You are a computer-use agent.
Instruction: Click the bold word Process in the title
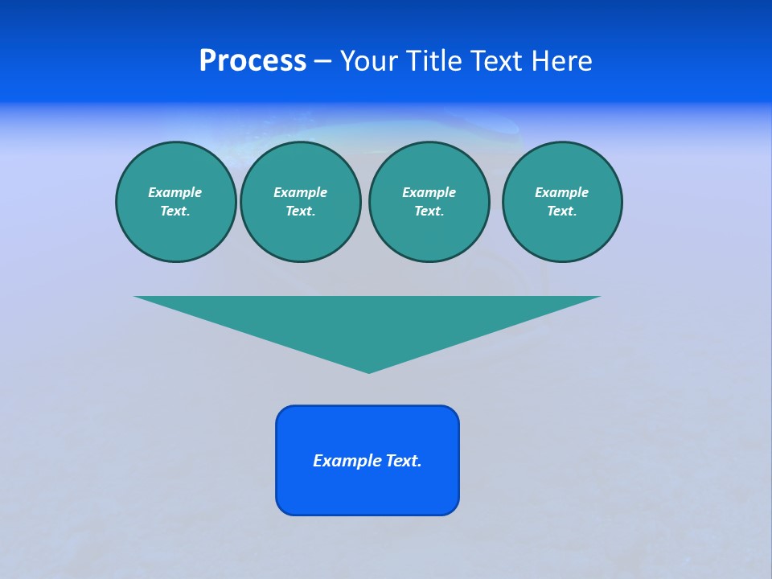coord(253,61)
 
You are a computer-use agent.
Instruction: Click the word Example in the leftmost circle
coord(175,192)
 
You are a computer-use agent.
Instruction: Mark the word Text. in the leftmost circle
coord(175,211)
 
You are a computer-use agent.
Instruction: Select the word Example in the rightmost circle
coord(561,192)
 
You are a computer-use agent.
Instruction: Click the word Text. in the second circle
coord(300,211)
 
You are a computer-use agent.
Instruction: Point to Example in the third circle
coord(429,192)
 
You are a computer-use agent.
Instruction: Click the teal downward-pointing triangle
coord(368,322)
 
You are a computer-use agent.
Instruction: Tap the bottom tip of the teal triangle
coord(368,371)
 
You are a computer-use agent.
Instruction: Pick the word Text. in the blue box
coord(404,461)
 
